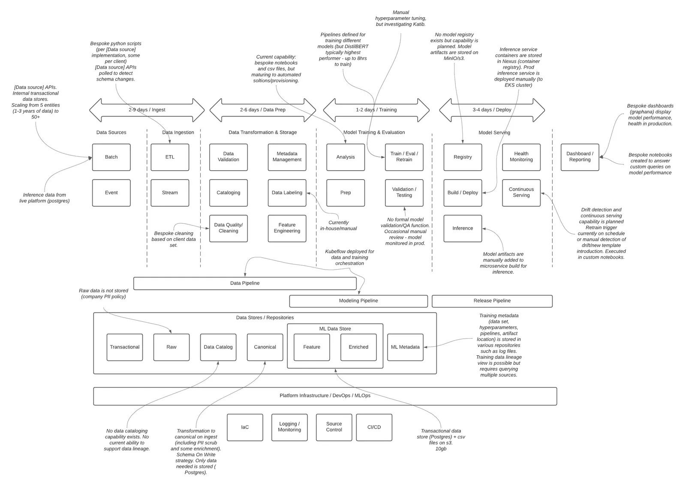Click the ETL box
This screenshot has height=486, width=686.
coord(170,157)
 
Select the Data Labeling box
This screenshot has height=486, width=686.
coord(287,193)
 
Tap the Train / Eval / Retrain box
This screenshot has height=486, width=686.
coord(404,157)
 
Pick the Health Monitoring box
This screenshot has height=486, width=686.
coord(521,157)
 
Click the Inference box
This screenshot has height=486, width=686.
coord(463,228)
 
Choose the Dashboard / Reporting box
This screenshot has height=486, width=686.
coord(580,157)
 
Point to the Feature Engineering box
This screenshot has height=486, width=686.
coord(287,228)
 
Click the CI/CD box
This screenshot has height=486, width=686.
coord(374,428)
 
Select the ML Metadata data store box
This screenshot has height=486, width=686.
coord(406,348)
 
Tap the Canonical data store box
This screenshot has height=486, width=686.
coord(265,348)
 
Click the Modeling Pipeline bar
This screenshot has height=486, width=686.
coord(358,301)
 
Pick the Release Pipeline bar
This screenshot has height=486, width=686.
coord(492,301)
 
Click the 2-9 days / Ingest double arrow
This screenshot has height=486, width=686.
coord(147,110)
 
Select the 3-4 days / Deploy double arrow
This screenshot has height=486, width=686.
coord(492,110)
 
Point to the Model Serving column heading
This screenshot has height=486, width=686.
coord(494,132)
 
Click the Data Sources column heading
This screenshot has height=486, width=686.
coord(111,132)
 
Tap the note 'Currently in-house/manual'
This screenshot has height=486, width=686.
coord(338,225)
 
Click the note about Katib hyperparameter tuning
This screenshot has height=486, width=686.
coord(401,18)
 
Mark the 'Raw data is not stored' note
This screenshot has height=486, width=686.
coord(103,294)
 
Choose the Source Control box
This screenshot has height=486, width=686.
coord(334,428)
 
